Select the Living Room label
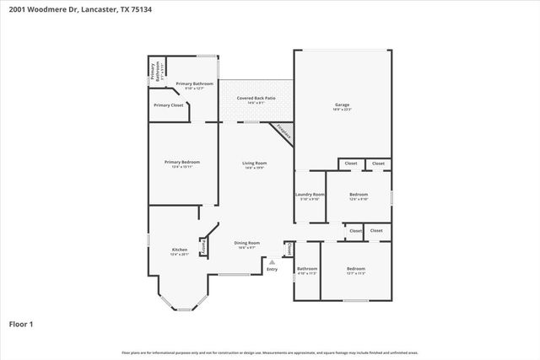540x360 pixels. pyautogui.click(x=255, y=163)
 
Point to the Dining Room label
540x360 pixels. pyautogui.click(x=247, y=243)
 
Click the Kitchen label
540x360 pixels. pyautogui.click(x=180, y=250)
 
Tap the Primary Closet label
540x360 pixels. pyautogui.click(x=168, y=105)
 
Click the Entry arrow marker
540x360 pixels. pyautogui.click(x=272, y=262)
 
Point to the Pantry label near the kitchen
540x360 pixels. pyautogui.click(x=202, y=246)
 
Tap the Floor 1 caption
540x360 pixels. pyautogui.click(x=21, y=323)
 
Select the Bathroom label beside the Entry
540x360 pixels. pyautogui.click(x=306, y=269)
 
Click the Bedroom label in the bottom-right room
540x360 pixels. pyautogui.click(x=356, y=269)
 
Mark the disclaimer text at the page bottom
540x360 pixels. pyautogui.click(x=270, y=352)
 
